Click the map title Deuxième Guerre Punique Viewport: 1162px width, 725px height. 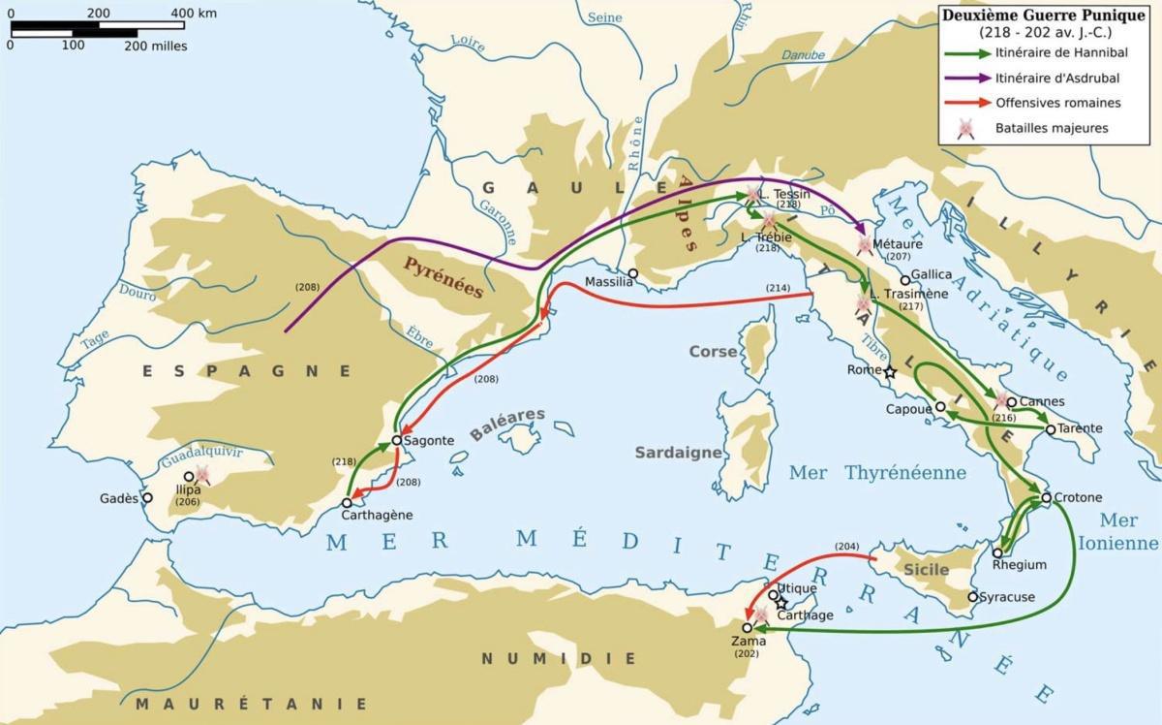[x=1048, y=16]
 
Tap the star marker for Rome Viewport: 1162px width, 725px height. [x=890, y=371]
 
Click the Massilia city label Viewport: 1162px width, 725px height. [x=608, y=283]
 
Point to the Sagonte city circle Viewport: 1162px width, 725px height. [x=397, y=440]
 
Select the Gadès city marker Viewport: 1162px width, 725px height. [x=147, y=497]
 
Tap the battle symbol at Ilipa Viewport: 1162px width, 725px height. [x=202, y=473]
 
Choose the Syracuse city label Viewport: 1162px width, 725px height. [x=1007, y=597]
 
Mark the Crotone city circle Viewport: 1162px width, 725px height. [x=1046, y=498]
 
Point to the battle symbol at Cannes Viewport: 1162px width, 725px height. [x=1001, y=400]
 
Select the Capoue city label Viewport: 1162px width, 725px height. [x=908, y=409]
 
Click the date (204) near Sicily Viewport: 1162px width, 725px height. [x=845, y=546]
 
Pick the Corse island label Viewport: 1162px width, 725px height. [x=712, y=351]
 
